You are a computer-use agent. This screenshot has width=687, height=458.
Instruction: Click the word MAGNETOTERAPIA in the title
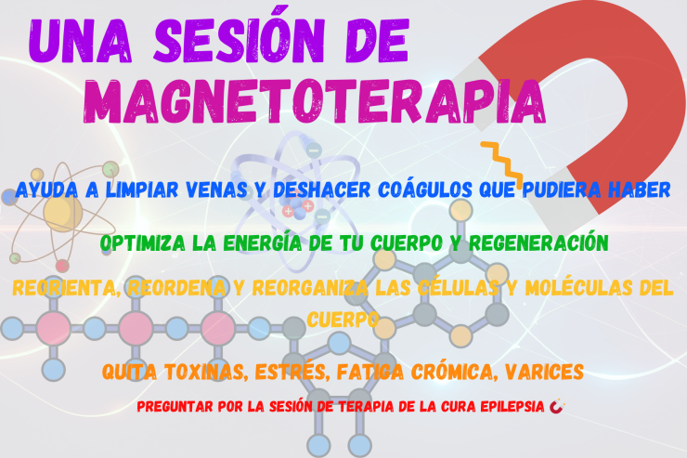[315, 101]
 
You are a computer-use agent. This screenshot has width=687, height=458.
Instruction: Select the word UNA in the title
[80, 42]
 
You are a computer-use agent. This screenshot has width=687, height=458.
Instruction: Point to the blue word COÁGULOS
[425, 190]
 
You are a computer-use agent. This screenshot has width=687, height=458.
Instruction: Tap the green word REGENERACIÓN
[538, 242]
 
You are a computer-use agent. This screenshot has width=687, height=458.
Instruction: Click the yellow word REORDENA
[176, 288]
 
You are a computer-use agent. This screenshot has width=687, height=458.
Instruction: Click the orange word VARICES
[544, 373]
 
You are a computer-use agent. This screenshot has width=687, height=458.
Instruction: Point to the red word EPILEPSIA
[512, 407]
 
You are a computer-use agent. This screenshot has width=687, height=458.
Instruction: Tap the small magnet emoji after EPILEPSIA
[556, 406]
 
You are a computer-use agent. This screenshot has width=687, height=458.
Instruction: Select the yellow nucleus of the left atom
[62, 214]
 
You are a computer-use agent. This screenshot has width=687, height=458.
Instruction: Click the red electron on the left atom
[62, 265]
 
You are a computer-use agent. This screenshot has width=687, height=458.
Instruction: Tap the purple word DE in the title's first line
[377, 42]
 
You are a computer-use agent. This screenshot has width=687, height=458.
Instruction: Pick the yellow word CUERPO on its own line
[343, 320]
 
